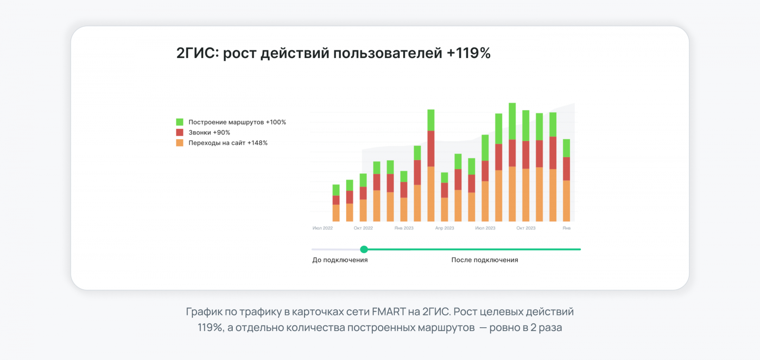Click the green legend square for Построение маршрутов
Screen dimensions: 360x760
[x=180, y=122]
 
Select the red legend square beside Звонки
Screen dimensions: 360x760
[x=180, y=133]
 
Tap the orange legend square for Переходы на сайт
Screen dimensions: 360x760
[x=180, y=143]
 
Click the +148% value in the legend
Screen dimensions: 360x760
[x=257, y=143]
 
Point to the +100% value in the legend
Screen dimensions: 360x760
[x=276, y=122]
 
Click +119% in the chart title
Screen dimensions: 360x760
[x=468, y=53]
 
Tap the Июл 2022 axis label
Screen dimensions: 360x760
[x=323, y=228]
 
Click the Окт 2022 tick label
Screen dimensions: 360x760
[x=363, y=228]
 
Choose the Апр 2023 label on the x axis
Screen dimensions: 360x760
[x=445, y=228]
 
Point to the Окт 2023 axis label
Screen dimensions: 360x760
[x=526, y=228]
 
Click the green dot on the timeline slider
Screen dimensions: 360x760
[x=364, y=249]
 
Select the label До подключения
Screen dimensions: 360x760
[x=340, y=260]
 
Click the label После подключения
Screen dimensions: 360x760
[x=484, y=260]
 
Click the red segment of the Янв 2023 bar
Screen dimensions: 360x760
[x=404, y=189]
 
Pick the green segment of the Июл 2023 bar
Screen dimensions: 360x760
[x=485, y=148]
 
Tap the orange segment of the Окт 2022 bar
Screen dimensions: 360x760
[x=363, y=210]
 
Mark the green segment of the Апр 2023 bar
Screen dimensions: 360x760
[x=445, y=178]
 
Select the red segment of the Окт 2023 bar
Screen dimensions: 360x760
[x=526, y=155]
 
